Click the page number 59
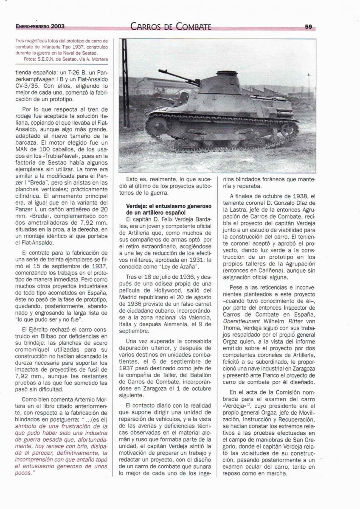(x=308, y=26)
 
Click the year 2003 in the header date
(x=56, y=26)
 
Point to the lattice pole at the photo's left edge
(x=124, y=106)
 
